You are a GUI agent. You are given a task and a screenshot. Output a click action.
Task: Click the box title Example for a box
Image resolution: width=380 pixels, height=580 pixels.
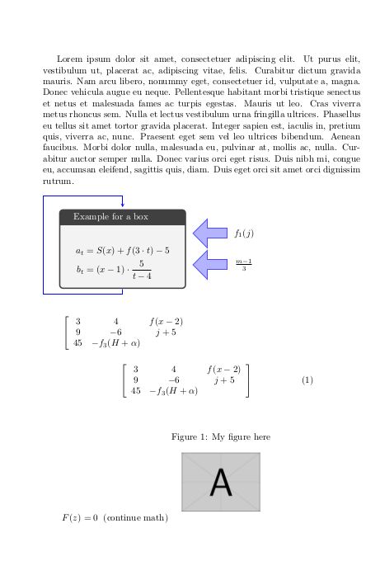click(110, 217)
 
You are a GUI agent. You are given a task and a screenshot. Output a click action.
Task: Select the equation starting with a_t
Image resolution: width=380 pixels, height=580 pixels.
click(122, 250)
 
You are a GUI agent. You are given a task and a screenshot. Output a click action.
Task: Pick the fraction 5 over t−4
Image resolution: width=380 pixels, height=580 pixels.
click(142, 270)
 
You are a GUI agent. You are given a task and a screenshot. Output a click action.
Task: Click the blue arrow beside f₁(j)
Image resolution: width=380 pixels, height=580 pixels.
click(211, 233)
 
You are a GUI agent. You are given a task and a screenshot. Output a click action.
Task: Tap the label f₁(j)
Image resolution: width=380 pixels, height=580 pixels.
click(244, 233)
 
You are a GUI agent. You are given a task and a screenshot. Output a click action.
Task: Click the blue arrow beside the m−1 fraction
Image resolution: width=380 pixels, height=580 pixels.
click(211, 264)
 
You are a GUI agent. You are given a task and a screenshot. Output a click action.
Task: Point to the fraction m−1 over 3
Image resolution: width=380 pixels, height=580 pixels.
click(244, 264)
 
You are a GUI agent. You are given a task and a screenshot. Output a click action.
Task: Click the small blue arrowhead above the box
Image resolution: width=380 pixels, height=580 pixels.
click(122, 204)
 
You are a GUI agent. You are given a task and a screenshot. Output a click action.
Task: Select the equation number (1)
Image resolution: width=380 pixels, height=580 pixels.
click(307, 380)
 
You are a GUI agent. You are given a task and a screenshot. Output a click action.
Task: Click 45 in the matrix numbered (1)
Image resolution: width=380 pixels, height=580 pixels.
click(136, 391)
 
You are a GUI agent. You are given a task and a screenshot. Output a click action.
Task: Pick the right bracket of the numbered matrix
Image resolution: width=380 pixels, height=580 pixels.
click(247, 380)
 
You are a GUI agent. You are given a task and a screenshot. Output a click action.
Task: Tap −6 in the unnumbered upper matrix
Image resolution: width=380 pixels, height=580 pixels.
click(116, 332)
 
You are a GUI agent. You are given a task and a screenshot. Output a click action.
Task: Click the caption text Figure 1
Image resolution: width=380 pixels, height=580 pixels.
click(220, 436)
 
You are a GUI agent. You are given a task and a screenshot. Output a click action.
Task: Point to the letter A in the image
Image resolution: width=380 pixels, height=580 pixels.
click(221, 482)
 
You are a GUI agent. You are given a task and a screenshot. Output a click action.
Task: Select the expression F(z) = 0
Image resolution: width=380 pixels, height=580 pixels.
click(80, 518)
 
